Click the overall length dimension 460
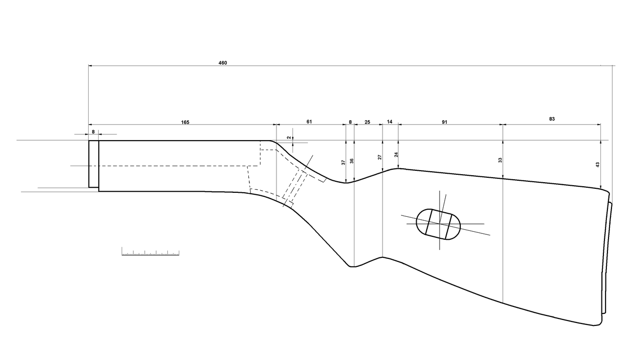pyautogui.click(x=222, y=63)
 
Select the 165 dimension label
pyautogui.click(x=185, y=122)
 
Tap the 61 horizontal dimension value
pyautogui.click(x=309, y=122)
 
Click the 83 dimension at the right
pyautogui.click(x=552, y=119)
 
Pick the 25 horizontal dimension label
pyautogui.click(x=367, y=122)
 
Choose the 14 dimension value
pyautogui.click(x=390, y=122)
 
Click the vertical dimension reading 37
pyautogui.click(x=344, y=162)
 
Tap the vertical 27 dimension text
pyautogui.click(x=380, y=157)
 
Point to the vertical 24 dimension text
pyautogui.click(x=396, y=155)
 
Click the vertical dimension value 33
pyautogui.click(x=500, y=160)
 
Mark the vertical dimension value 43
pyautogui.click(x=597, y=164)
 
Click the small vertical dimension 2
pyautogui.click(x=289, y=137)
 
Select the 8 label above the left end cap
pyautogui.click(x=93, y=132)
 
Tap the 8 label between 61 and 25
pyautogui.click(x=350, y=122)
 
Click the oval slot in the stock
pyautogui.click(x=438, y=224)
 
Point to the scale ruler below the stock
pyautogui.click(x=150, y=252)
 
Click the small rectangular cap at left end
pyautogui.click(x=94, y=164)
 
